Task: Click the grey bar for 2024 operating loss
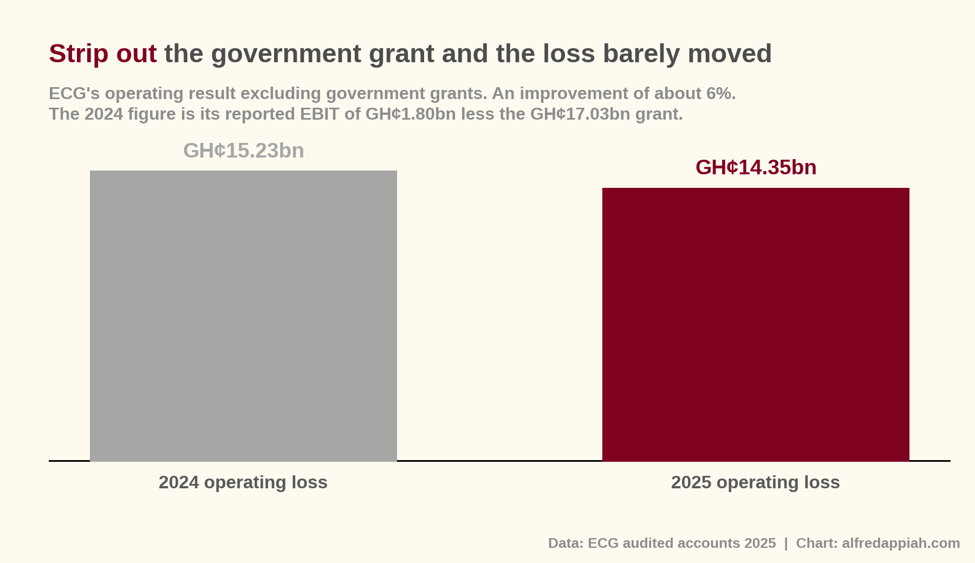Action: pos(243,316)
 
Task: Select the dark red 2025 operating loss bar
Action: pos(756,324)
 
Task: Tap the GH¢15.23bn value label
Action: pos(244,151)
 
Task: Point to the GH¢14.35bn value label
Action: pos(756,168)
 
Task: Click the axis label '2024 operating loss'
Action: pos(243,482)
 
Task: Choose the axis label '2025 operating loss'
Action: pos(756,482)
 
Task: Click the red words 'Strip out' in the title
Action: pos(103,54)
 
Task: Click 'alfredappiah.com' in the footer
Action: pos(901,544)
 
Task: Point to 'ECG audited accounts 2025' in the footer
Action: pos(682,544)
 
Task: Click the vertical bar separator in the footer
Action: pos(786,544)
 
